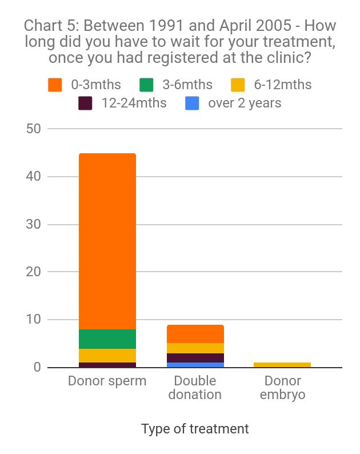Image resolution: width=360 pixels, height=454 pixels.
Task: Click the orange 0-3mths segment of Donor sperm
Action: [x=107, y=240]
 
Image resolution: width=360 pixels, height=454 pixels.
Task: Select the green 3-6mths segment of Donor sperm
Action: [x=107, y=338]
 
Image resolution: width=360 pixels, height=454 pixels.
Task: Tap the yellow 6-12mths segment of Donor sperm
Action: [x=107, y=355]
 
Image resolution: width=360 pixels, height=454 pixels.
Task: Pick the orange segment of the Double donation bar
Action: [x=195, y=334]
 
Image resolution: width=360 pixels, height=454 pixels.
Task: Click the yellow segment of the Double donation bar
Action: [x=195, y=348]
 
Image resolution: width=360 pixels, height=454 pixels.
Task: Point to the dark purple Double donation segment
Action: [x=195, y=358]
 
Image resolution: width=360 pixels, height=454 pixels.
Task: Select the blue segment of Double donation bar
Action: [x=195, y=365]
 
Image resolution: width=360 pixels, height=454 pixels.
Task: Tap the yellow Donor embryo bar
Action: [x=282, y=365]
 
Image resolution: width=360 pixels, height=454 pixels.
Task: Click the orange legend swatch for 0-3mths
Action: [x=55, y=85]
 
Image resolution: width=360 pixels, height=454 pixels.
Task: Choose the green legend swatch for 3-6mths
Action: [x=146, y=85]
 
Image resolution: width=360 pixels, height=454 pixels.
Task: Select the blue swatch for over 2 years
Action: [x=192, y=103]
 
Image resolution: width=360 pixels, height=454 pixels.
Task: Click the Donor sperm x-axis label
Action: [x=107, y=381]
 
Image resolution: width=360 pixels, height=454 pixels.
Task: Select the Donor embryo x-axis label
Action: [x=282, y=388]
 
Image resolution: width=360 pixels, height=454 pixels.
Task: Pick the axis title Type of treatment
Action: [x=195, y=429]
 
